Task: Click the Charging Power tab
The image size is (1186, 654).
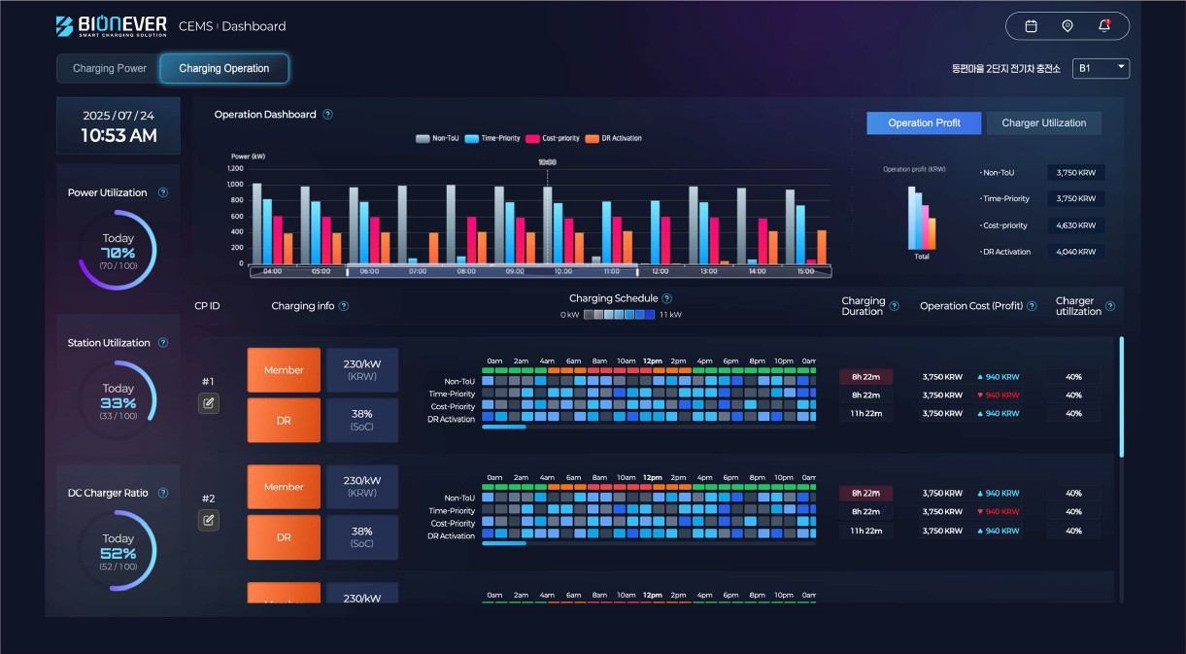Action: point(110,69)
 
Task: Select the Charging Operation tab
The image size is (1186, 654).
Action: point(224,69)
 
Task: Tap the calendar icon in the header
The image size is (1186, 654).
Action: point(1032,26)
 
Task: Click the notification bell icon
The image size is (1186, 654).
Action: point(1104,26)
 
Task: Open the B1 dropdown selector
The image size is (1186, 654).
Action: point(1101,68)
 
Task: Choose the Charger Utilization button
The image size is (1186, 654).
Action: point(1043,123)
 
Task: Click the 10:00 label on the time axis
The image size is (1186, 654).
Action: point(563,272)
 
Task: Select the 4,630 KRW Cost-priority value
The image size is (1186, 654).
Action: point(1075,225)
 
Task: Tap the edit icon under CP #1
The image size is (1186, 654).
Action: point(208,403)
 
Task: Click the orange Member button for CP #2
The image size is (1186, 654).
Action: point(284,487)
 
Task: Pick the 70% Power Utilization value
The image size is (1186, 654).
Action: point(119,252)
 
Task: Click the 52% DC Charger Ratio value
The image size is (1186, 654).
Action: point(119,553)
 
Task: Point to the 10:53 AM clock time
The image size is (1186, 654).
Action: point(119,136)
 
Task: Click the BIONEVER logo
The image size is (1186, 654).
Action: point(111,26)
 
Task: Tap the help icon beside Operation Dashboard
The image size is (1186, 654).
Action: point(327,115)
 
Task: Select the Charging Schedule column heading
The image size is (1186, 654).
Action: point(613,298)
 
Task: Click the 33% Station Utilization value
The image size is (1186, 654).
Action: point(119,402)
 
